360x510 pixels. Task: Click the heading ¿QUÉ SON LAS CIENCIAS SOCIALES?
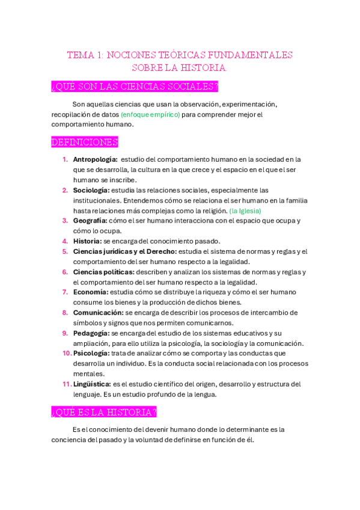(x=135, y=87)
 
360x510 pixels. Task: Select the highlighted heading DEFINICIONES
(x=85, y=143)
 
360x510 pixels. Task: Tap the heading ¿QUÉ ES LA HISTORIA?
(x=104, y=412)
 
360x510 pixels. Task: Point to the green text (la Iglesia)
(x=245, y=210)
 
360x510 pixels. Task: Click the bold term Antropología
(x=95, y=159)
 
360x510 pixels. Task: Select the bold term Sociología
(x=91, y=190)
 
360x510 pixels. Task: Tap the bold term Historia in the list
(x=87, y=241)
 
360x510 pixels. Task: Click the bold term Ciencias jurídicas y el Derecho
(x=124, y=251)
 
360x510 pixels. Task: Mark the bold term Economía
(x=90, y=292)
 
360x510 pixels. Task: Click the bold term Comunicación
(x=98, y=313)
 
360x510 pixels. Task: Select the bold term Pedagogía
(x=91, y=333)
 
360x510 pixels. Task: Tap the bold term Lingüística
(x=92, y=384)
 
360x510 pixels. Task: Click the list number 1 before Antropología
(x=65, y=159)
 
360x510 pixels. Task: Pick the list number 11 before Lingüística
(x=66, y=384)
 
